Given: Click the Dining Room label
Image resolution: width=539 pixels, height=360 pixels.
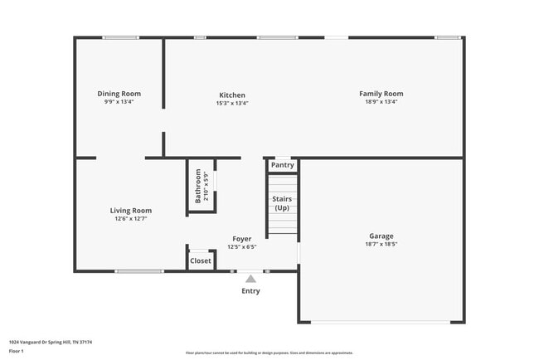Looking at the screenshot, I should (119, 94).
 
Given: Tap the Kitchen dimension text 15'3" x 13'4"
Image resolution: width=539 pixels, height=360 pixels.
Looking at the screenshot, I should (232, 104).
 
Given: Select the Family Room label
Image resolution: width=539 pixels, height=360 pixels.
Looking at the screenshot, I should (381, 94).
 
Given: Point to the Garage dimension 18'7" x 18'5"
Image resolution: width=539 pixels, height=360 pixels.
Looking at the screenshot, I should (381, 245).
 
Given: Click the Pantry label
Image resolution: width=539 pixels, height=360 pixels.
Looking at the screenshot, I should (282, 165).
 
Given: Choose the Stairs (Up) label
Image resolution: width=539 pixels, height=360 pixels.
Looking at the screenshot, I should (282, 203).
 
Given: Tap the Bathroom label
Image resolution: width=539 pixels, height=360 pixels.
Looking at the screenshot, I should (198, 187).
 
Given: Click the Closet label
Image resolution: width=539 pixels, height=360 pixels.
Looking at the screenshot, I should (201, 260).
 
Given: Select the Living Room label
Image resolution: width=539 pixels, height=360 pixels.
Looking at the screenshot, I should (131, 211).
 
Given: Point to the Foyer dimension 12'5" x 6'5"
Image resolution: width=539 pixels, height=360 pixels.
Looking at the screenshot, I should (242, 247).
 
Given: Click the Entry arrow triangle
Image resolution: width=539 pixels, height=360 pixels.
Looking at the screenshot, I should (250, 279).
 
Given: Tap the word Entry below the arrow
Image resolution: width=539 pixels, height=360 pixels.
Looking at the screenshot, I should (250, 291).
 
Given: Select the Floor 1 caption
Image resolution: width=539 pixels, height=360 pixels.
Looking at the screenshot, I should (17, 350).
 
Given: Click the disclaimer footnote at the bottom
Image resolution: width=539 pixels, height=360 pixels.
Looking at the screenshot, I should (269, 353).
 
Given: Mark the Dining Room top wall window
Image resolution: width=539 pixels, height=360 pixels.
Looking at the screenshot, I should (121, 37).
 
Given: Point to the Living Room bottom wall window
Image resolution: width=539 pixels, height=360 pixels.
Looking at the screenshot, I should (139, 271).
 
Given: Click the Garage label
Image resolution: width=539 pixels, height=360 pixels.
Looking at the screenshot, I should (381, 236).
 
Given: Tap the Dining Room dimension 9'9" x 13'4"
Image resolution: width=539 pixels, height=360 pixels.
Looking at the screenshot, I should (119, 103).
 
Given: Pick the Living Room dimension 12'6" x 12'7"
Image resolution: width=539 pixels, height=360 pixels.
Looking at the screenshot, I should (131, 220).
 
